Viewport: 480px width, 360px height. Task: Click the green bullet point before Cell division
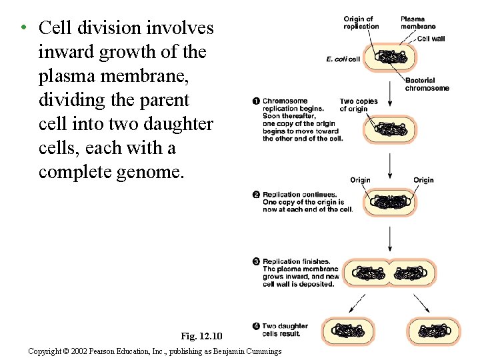coord(23,28)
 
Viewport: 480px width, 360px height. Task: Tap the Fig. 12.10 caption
coord(201,335)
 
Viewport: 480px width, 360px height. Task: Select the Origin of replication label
coord(361,23)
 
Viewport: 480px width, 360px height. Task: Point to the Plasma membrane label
coord(417,23)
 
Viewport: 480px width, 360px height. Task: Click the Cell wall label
coord(431,39)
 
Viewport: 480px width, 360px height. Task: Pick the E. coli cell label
coord(343,59)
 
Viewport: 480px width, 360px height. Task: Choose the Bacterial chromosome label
coord(427,84)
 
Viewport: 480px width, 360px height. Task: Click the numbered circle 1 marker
coord(256,101)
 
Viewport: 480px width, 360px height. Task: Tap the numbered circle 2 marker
coord(256,195)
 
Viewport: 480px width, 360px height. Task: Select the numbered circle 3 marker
coord(256,261)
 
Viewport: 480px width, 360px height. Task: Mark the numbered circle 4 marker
coord(256,326)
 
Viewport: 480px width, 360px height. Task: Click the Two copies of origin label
coord(359,105)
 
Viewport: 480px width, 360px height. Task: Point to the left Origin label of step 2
coord(360,180)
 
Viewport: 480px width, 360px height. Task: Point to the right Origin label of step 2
coord(423,180)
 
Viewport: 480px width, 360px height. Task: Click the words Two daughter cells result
coord(285,329)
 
